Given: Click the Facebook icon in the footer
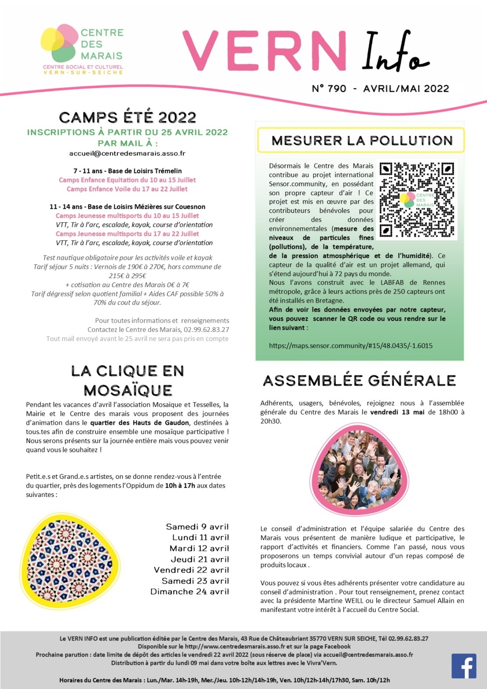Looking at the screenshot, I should click(464, 666).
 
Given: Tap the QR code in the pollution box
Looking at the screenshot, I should click(416, 201).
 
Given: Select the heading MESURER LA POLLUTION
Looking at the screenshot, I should click(361, 141).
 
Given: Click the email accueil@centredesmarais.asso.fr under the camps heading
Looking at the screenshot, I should click(127, 153).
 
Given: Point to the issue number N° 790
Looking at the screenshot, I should click(329, 89).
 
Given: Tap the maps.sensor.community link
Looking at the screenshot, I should click(350, 346).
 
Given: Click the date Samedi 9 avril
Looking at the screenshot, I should click(197, 527).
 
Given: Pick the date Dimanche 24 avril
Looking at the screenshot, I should click(189, 592).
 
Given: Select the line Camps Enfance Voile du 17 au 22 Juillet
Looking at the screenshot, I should click(127, 189).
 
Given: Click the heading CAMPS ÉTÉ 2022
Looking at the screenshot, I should click(127, 118).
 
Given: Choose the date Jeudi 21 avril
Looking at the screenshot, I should click(200, 559).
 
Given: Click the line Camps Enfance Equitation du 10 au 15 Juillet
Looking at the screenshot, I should click(127, 180).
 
